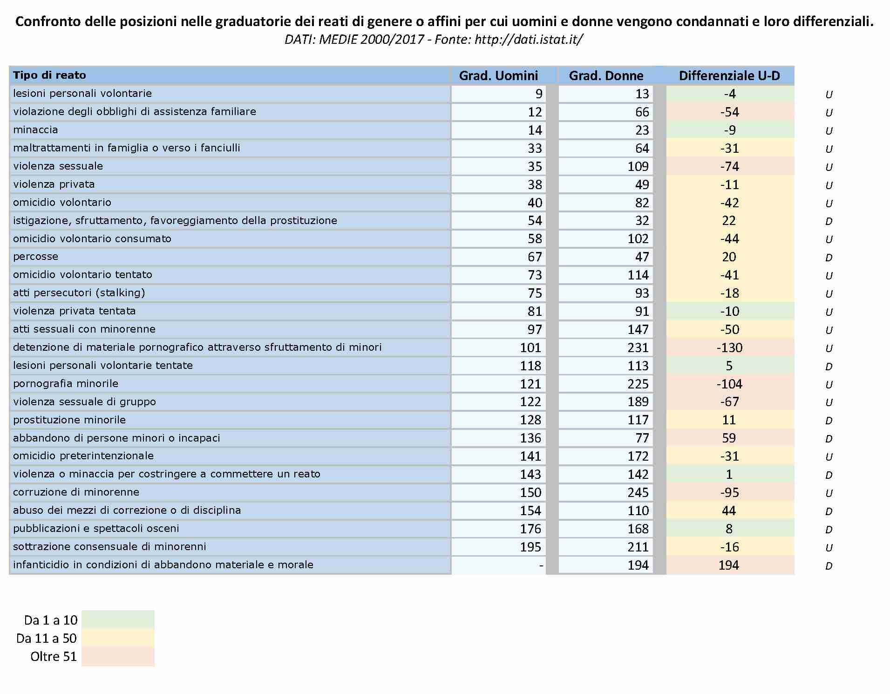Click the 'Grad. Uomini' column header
click(498, 75)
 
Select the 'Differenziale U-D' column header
click(729, 75)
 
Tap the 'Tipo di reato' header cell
click(49, 75)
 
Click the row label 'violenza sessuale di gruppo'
click(84, 401)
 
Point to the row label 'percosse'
click(35, 257)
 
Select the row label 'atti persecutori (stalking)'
click(79, 293)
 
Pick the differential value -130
click(730, 347)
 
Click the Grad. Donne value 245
click(638, 492)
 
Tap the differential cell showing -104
click(730, 384)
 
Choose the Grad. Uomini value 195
click(530, 547)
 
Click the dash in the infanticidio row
click(541, 565)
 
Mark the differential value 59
click(729, 438)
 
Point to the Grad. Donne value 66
click(642, 112)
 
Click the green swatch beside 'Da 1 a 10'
click(118, 619)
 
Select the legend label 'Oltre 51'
click(54, 656)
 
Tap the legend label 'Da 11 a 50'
click(47, 638)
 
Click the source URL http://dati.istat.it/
click(529, 40)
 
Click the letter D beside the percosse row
click(829, 258)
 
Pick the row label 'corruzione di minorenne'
click(76, 492)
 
